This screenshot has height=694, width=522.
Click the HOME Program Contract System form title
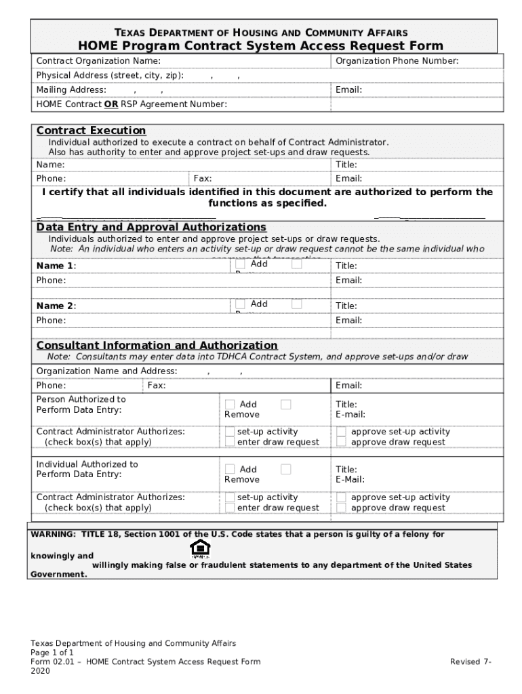261,46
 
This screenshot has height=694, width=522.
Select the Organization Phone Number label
397,62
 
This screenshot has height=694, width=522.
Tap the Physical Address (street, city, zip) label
110,75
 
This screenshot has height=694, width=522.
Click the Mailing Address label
71,90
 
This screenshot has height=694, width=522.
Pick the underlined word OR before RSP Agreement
111,104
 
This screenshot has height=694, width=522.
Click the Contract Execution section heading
91,130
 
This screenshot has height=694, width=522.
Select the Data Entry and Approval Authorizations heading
151,226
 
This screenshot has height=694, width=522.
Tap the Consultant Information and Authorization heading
157,345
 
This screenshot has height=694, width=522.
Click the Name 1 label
56,266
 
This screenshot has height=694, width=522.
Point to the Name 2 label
56,306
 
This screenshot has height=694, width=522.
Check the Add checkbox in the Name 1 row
240,265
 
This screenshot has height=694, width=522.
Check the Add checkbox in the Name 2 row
240,304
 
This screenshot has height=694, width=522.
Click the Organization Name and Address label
106,371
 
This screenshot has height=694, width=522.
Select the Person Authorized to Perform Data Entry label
81,405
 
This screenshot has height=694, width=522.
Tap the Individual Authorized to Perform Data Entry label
87,469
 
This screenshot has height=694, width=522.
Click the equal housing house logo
200,548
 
